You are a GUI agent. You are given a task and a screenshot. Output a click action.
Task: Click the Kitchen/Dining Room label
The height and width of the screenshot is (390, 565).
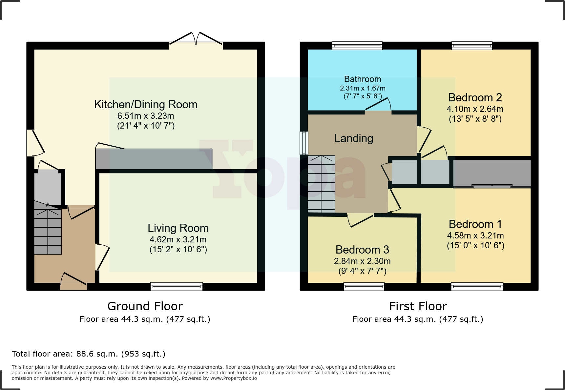pos(146,104)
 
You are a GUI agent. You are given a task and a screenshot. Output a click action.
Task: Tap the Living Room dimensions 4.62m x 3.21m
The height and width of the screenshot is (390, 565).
pos(178,239)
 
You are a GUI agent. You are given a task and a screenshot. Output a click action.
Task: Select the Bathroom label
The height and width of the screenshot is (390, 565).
pos(363,79)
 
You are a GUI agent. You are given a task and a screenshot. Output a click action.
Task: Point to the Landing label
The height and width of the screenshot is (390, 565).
pos(354,138)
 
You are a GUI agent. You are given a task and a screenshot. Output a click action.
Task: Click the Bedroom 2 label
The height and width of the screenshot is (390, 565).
pos(475,97)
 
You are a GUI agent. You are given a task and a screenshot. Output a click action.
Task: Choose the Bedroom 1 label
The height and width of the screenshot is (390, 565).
pos(475,224)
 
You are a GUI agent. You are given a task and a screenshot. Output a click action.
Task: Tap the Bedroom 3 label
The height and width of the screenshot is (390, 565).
pos(362,250)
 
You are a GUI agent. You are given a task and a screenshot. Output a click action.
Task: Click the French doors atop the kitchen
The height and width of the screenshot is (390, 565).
pos(196,39)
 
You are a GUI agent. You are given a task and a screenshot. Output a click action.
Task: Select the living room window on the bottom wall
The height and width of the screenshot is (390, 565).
pos(177,287)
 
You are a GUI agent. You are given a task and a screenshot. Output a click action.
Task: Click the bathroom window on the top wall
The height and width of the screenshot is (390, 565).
pos(357,46)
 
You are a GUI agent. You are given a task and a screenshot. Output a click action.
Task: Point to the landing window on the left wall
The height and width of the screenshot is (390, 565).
pos(304,143)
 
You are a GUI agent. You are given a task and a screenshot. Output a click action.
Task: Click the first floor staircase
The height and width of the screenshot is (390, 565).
pos(321,184)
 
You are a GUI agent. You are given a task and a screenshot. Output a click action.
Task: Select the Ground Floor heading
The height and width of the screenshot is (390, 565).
pos(145,306)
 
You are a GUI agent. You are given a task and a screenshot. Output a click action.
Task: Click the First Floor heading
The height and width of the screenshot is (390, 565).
pos(418,306)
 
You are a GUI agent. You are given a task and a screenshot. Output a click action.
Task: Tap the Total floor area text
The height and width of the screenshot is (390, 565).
pos(89,354)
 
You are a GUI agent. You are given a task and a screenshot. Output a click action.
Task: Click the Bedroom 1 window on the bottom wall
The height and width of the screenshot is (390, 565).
pos(477,287)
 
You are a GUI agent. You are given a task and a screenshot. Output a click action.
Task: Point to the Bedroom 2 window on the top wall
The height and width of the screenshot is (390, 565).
pos(472,46)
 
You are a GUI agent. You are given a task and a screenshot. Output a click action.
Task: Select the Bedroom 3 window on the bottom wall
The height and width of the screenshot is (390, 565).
pos(364,287)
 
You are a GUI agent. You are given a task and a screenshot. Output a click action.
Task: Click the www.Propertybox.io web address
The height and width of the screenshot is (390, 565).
pos(234,378)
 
